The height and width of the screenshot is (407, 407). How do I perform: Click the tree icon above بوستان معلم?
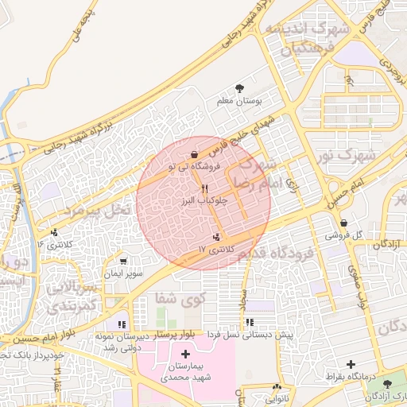click(x=240, y=88)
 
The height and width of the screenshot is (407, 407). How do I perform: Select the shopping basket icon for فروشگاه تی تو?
click(x=195, y=155)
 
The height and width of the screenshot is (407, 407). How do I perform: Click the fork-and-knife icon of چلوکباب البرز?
click(x=204, y=188)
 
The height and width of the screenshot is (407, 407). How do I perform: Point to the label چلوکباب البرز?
click(x=204, y=201)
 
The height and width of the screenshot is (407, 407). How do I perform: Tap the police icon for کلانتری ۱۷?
click(x=216, y=237)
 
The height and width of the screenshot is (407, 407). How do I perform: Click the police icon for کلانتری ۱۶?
click(x=54, y=233)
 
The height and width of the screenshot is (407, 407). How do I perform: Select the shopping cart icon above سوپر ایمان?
click(x=122, y=261)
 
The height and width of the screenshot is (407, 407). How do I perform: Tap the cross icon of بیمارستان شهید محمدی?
click(x=186, y=354)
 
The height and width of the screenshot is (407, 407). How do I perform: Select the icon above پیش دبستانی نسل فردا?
click(x=250, y=323)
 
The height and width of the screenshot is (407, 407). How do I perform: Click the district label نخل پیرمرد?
click(x=95, y=211)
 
